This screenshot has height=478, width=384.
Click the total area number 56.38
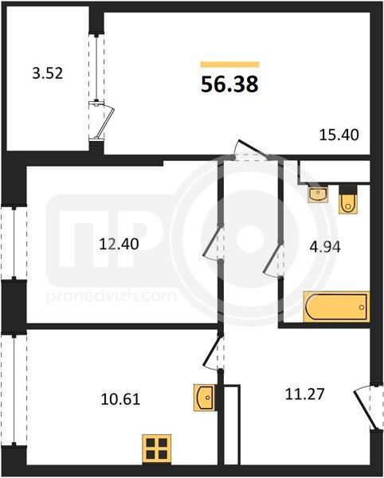(229, 84)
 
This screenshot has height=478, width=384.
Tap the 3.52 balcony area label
(48, 73)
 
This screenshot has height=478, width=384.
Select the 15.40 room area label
(339, 135)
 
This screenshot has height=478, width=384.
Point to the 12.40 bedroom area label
(120, 245)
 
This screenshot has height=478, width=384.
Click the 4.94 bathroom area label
(325, 247)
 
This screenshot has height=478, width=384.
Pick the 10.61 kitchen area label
(120, 399)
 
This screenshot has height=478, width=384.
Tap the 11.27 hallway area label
(305, 394)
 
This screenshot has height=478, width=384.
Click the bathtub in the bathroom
(336, 307)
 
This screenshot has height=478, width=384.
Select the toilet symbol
(348, 199)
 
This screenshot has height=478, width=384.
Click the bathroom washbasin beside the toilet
(318, 193)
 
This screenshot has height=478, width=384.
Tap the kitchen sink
(205, 398)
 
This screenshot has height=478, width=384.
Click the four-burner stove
(157, 449)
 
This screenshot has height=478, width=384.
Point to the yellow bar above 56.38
(229, 65)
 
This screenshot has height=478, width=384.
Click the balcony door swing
(105, 121)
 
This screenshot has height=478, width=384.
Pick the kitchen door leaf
(212, 351)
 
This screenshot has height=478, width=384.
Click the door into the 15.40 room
(253, 149)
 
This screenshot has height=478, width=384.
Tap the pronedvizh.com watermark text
(112, 296)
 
